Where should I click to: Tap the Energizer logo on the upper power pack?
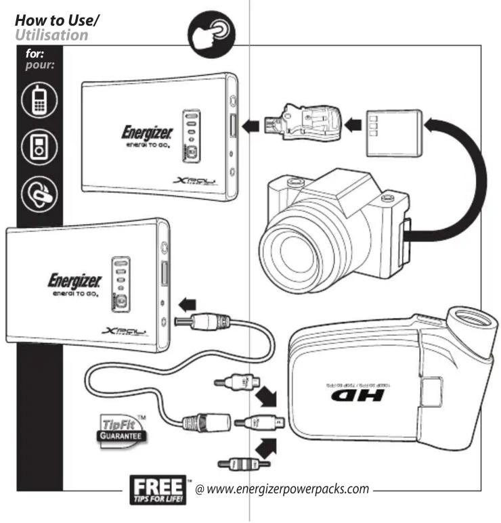pyautogui.click(x=146, y=131)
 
